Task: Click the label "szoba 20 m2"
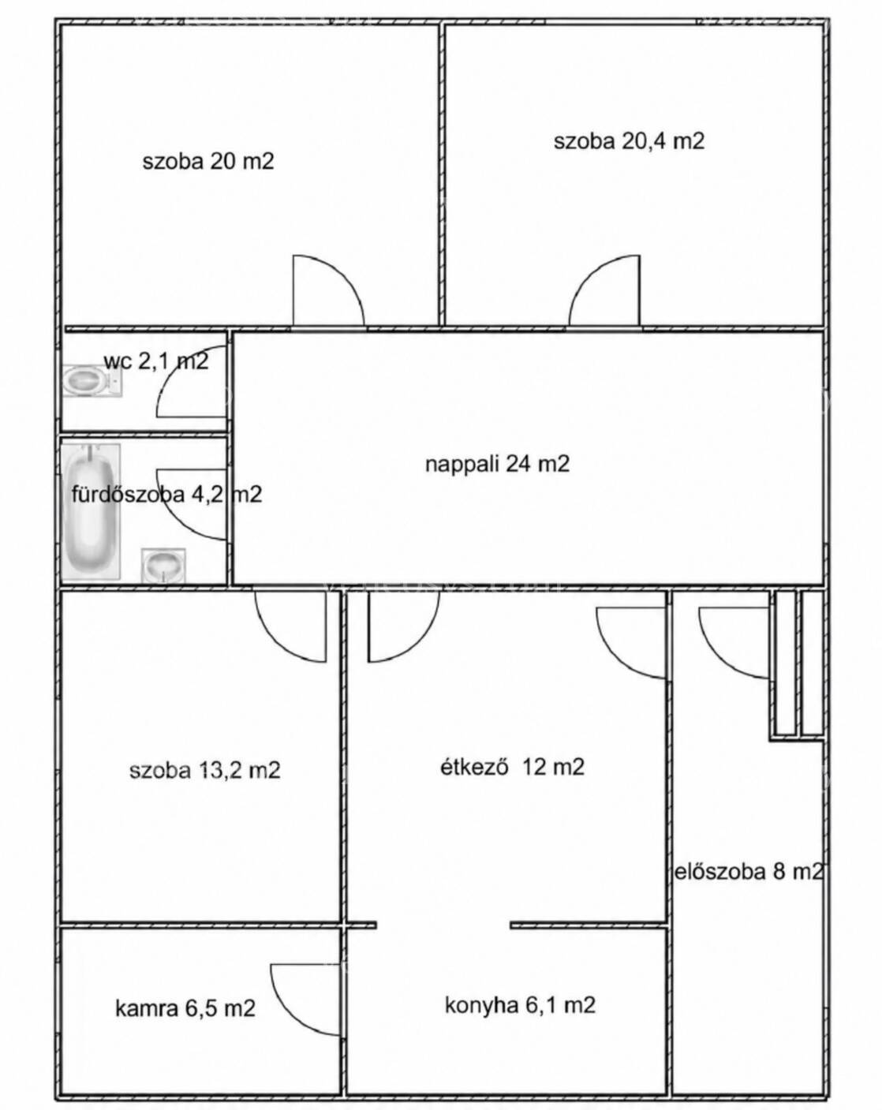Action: pyautogui.click(x=208, y=162)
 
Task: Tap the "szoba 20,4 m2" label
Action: pyautogui.click(x=629, y=140)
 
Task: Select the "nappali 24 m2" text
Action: pyautogui.click(x=497, y=464)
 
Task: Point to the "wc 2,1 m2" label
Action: pyautogui.click(x=156, y=361)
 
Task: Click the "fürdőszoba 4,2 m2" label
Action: pyautogui.click(x=166, y=494)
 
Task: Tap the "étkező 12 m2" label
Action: pyautogui.click(x=512, y=767)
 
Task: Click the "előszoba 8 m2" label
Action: pyautogui.click(x=749, y=871)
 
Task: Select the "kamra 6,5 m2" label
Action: pyautogui.click(x=185, y=1007)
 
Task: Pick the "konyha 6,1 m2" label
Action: pyautogui.click(x=520, y=1004)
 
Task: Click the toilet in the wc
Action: pyautogui.click(x=92, y=381)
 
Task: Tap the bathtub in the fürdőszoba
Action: pyautogui.click(x=92, y=511)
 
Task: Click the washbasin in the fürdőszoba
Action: pyautogui.click(x=163, y=566)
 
